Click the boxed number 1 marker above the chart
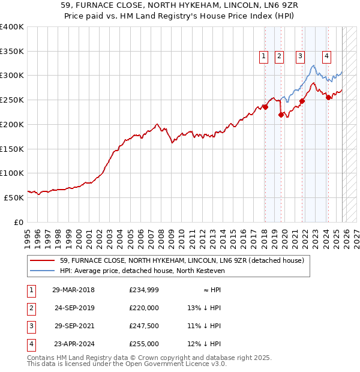pos(263,56)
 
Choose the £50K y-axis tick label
pos(13,197)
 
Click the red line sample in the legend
pos(43,260)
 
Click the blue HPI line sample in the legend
pos(43,271)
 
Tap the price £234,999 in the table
pos(144,290)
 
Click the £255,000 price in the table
pos(144,344)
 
